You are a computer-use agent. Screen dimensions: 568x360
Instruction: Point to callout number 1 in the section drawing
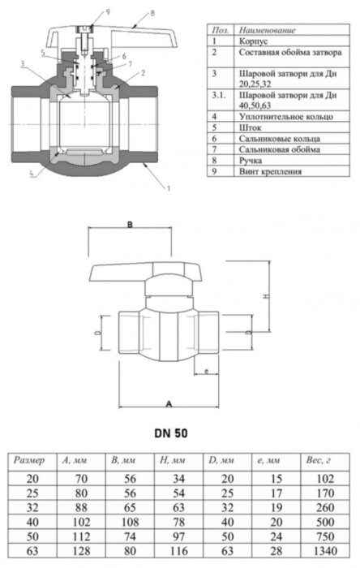point(169,188)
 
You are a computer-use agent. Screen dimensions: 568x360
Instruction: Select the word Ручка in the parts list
point(253,161)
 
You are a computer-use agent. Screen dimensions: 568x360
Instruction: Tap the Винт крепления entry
point(270,172)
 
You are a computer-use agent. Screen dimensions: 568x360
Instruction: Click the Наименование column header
point(268,28)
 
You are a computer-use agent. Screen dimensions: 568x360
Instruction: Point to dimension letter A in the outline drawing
point(169,402)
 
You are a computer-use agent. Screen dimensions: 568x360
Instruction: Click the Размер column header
point(34,460)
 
